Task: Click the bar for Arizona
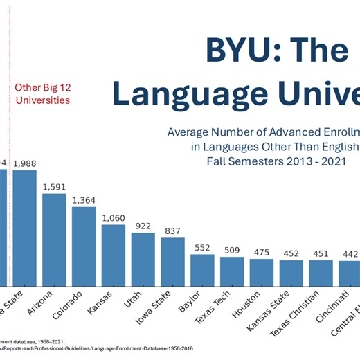(x=54, y=240)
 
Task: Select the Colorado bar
(x=84, y=246)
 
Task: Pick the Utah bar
(x=143, y=259)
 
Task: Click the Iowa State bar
(x=173, y=262)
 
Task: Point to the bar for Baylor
(x=202, y=270)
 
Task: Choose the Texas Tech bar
(x=232, y=271)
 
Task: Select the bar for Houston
(x=262, y=272)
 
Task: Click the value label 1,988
(x=25, y=163)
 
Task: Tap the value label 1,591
(x=54, y=187)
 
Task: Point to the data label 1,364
(x=84, y=200)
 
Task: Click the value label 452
(x=291, y=253)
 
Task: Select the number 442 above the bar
(x=350, y=254)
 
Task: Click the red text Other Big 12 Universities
(x=43, y=93)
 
